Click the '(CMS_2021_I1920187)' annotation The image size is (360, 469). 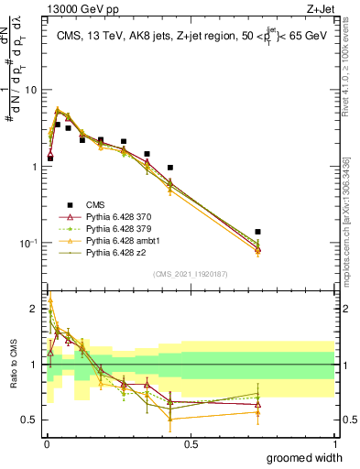[190, 273]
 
